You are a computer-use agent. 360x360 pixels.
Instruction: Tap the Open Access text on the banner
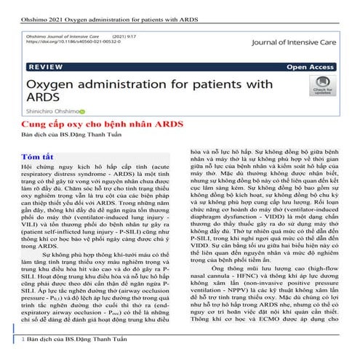[309, 66]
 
